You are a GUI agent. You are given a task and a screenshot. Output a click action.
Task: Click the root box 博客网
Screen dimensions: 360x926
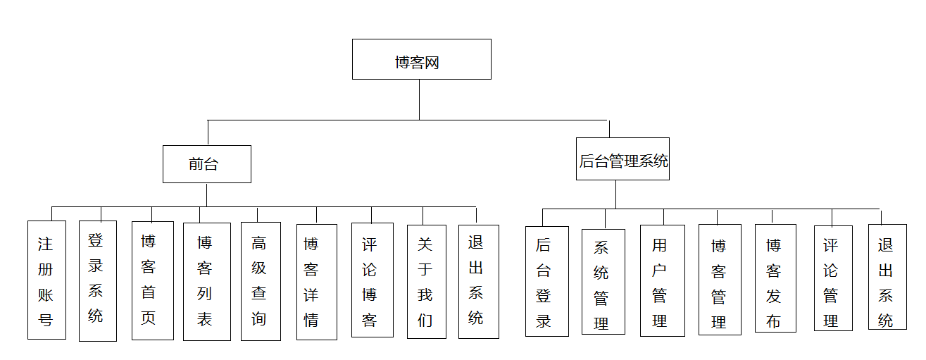[x=421, y=59]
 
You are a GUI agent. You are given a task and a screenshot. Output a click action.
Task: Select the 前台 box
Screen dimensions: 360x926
[x=206, y=164]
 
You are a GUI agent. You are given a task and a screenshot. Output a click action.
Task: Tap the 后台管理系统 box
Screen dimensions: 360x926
[x=622, y=159]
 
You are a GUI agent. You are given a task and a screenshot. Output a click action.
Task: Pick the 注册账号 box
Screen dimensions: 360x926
[x=46, y=280]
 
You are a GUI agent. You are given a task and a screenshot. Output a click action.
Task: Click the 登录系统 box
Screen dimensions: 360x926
[x=97, y=281]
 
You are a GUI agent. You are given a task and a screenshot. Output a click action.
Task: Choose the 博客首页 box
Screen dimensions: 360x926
[x=152, y=281]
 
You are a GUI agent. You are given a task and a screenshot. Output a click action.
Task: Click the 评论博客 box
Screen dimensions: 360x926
[x=372, y=280]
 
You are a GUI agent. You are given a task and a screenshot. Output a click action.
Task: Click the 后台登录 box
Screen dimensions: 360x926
[x=546, y=281]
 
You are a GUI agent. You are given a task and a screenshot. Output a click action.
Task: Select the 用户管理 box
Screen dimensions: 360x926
[x=662, y=280]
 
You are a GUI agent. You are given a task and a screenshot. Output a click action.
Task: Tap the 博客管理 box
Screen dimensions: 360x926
[x=720, y=280]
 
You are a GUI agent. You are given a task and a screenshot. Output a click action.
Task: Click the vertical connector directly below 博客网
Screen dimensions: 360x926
[x=420, y=99]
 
